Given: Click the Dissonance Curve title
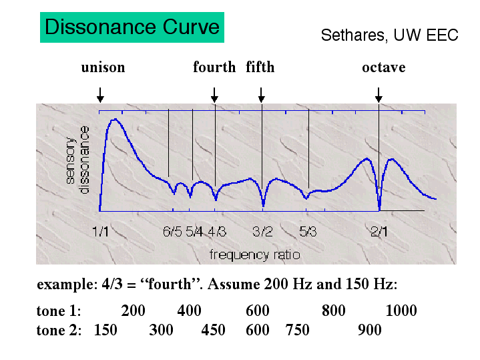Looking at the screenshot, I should click(x=132, y=27).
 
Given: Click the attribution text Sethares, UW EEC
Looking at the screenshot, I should click(x=389, y=35).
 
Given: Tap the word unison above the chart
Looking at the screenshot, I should click(x=103, y=67).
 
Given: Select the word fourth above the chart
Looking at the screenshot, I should click(x=214, y=67).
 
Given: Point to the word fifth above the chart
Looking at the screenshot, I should click(x=260, y=67).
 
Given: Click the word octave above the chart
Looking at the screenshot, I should click(x=383, y=67).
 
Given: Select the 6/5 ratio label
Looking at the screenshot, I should click(x=172, y=232).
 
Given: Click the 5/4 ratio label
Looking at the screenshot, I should click(x=195, y=232).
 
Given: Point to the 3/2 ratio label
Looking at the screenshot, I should click(x=262, y=232).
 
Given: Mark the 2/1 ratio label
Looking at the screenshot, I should click(x=381, y=232).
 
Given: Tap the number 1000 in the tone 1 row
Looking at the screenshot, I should click(x=401, y=311).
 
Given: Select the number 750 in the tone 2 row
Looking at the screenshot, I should click(x=297, y=330).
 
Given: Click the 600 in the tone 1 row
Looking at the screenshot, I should click(x=257, y=311).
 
